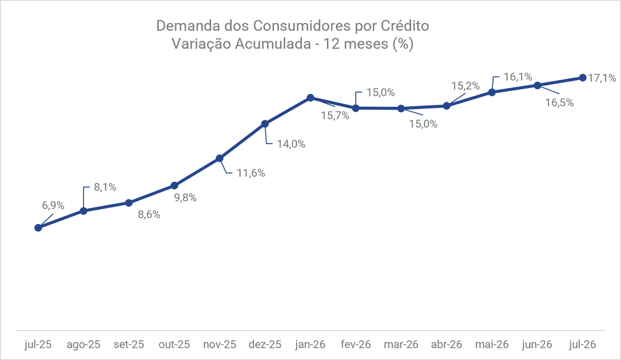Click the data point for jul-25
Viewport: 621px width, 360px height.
(x=38, y=227)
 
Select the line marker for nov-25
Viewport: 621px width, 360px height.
(x=220, y=158)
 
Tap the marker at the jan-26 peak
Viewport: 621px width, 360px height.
(x=310, y=98)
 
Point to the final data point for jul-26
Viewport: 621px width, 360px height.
(x=583, y=78)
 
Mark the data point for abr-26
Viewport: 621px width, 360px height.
(x=446, y=105)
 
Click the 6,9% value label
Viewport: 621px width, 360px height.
(x=53, y=205)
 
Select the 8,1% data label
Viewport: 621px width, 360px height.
(x=105, y=187)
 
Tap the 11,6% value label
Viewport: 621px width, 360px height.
(x=251, y=173)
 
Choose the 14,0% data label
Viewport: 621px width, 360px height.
(x=291, y=144)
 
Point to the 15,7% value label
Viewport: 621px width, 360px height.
(x=335, y=116)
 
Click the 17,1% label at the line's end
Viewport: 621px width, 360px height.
(x=602, y=78)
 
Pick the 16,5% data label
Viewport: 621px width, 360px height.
(x=559, y=102)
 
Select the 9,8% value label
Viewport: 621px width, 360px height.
(x=186, y=198)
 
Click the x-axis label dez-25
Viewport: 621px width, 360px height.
(x=265, y=345)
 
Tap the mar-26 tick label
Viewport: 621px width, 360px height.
(x=401, y=345)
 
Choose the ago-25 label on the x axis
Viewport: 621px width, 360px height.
(x=84, y=345)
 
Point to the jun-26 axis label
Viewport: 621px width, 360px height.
(x=537, y=345)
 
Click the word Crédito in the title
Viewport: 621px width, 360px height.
(x=404, y=25)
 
